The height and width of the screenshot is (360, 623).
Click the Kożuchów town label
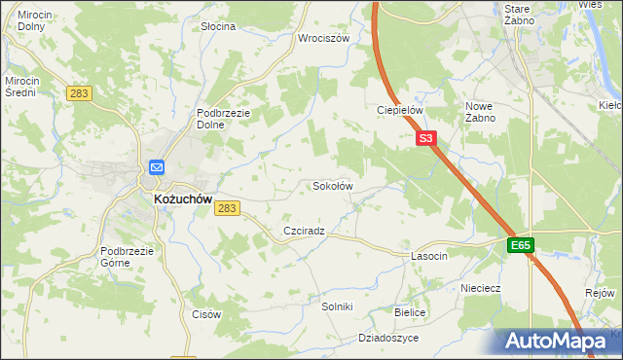click(x=183, y=198)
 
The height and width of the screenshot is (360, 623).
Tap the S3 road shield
click(x=426, y=139)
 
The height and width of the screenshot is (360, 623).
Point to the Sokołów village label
click(x=331, y=185)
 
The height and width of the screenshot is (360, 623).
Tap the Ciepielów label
click(x=399, y=110)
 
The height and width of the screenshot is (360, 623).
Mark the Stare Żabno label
click(x=516, y=14)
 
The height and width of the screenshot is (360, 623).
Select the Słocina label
click(x=218, y=26)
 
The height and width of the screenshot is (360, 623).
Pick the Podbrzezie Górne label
click(x=128, y=257)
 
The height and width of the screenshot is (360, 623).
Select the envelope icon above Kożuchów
click(x=157, y=166)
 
